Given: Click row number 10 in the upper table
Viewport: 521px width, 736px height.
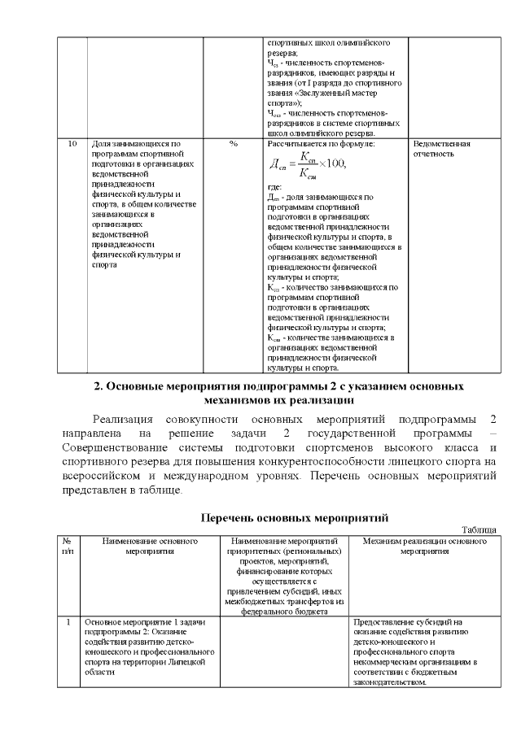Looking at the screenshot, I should (x=72, y=143).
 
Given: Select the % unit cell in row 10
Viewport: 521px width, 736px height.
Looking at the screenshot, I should (x=233, y=143).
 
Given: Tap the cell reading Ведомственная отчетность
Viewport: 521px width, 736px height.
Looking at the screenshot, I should (x=442, y=148).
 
